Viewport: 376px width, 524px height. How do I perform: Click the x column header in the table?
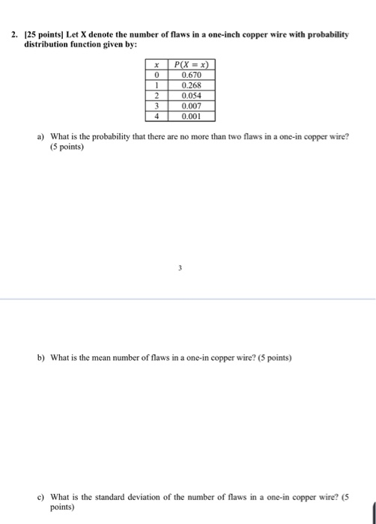(x=157, y=65)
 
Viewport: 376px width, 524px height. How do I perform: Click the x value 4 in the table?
(x=157, y=117)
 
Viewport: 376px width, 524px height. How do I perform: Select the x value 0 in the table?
(x=157, y=76)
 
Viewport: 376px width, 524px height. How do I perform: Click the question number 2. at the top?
(x=15, y=35)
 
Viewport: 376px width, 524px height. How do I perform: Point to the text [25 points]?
(x=44, y=35)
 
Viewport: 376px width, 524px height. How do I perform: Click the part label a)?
(x=41, y=137)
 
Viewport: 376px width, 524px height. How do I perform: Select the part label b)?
(x=41, y=359)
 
